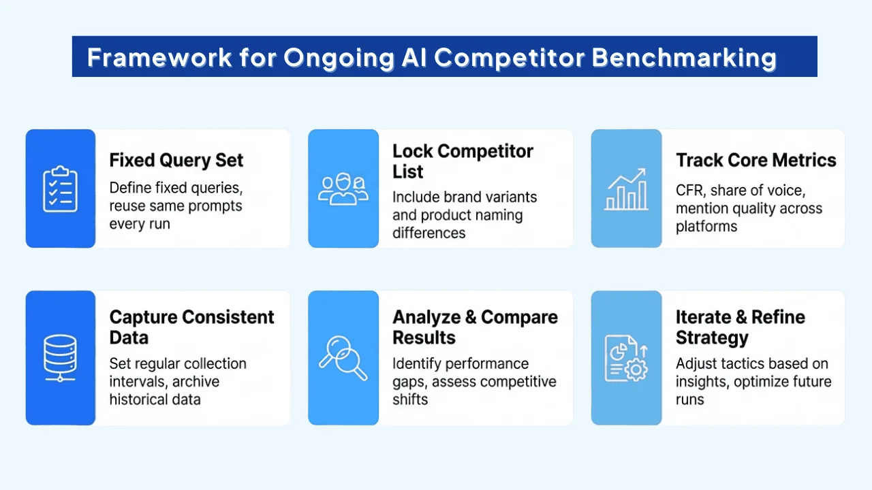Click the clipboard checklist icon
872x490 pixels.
tap(60, 189)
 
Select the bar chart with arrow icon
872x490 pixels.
tap(626, 190)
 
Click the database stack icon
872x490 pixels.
tap(60, 358)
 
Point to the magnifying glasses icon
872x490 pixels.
tap(343, 358)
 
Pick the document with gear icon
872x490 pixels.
tap(626, 358)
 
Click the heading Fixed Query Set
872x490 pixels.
tap(176, 161)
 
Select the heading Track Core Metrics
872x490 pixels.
tap(756, 161)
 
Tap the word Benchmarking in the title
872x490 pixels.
tap(684, 58)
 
